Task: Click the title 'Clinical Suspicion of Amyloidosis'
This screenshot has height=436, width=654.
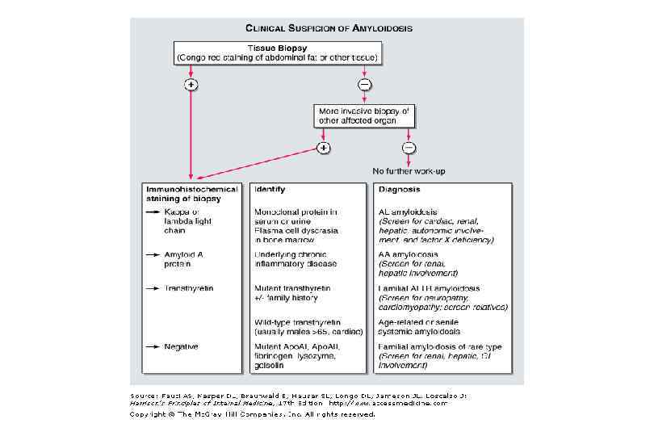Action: tap(329, 27)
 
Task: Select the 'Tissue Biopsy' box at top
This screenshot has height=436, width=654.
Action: tap(276, 52)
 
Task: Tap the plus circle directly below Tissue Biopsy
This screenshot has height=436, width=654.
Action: tap(191, 84)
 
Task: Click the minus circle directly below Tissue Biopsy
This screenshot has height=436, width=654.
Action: tap(364, 84)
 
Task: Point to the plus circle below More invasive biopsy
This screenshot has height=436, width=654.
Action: tap(324, 148)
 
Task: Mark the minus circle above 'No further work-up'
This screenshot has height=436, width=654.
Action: tap(409, 148)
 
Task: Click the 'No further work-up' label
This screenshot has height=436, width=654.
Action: tap(409, 171)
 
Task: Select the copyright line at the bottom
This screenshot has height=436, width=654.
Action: tap(253, 414)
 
